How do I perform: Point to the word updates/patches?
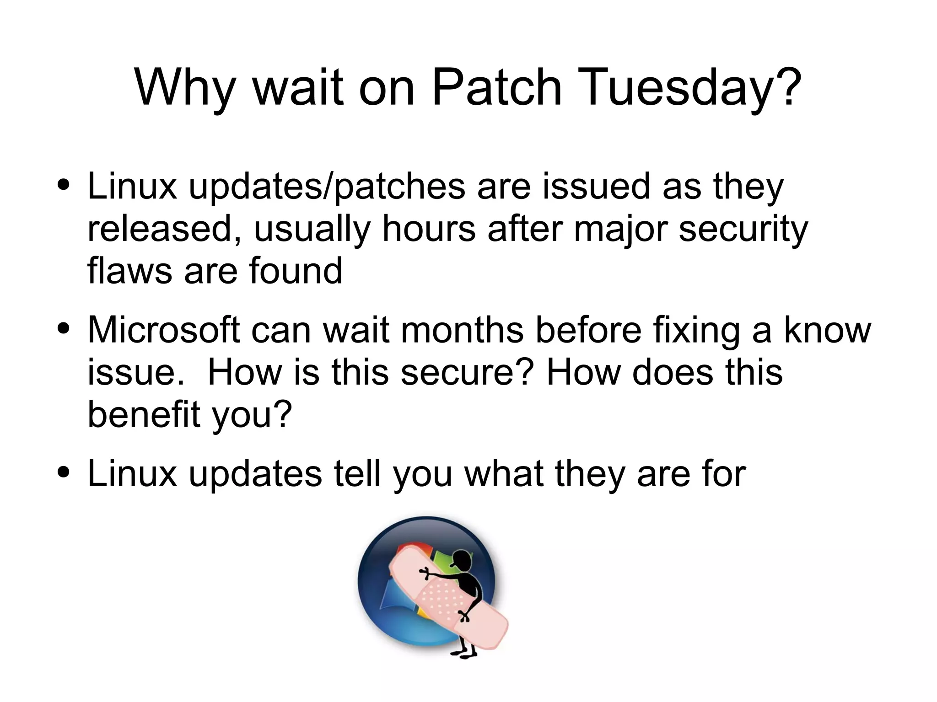327,187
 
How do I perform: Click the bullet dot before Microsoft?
64,328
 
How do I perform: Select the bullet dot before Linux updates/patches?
64,185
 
